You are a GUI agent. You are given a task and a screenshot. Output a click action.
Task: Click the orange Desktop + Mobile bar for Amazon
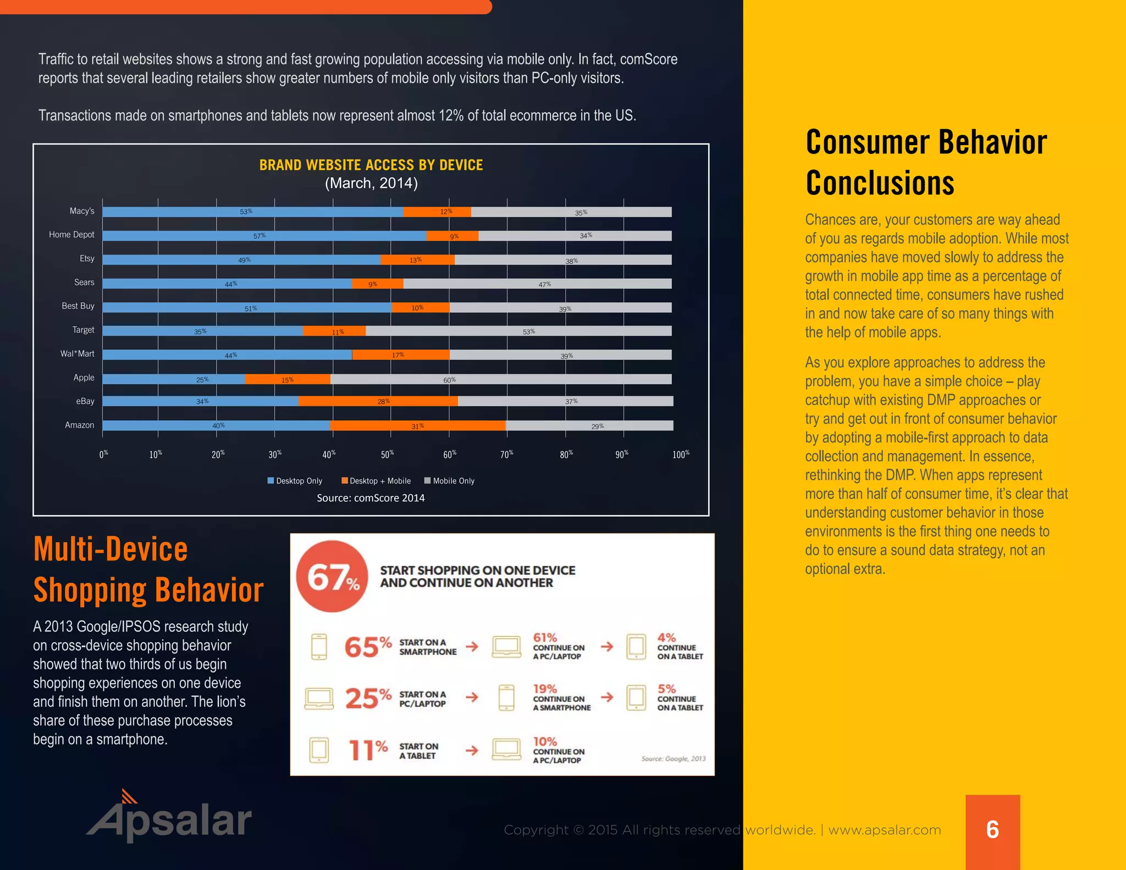[418, 426]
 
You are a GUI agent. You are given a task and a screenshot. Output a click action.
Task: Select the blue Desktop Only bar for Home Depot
[264, 236]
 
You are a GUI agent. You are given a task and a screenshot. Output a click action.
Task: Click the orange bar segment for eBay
[378, 401]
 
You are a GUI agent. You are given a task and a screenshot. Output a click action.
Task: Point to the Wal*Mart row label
[77, 354]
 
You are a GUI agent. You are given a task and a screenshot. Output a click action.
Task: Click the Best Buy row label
[78, 306]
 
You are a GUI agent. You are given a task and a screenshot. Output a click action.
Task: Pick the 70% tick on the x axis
[507, 454]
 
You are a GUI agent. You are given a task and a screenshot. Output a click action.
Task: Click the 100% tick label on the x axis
[681, 454]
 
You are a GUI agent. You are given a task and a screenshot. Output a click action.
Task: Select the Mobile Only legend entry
[449, 481]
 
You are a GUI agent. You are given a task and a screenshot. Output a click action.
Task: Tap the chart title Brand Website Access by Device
[371, 165]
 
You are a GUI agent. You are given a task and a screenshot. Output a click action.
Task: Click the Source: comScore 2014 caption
[371, 498]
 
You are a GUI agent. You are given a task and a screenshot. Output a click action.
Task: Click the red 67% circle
[332, 576]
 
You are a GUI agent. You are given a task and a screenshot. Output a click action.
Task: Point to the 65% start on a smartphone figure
[367, 647]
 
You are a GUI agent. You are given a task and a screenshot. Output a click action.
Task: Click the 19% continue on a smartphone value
[545, 689]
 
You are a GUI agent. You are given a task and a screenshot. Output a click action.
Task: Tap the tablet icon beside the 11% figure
[319, 750]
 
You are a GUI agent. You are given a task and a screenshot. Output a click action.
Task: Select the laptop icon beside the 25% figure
[319, 698]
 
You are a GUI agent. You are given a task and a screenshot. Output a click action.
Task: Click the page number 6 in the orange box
[992, 829]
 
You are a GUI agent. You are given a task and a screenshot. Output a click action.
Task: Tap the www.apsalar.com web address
[885, 830]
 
